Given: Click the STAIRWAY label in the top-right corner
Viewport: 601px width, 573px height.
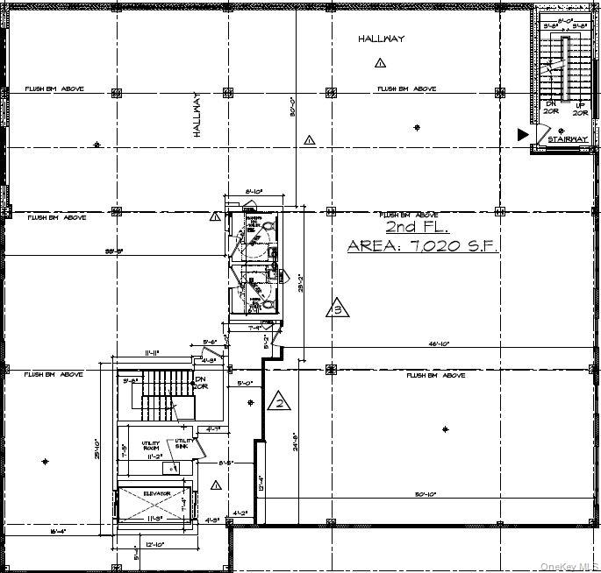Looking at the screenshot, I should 566,139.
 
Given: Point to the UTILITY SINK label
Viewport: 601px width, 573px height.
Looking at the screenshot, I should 183,443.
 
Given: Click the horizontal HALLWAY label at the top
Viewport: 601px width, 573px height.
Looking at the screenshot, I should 381,39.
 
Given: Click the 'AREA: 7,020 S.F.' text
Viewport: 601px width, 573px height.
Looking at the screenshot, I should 422,246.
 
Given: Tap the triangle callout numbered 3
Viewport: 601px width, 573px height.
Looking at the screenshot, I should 337,308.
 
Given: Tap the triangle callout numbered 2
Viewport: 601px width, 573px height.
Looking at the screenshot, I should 278,401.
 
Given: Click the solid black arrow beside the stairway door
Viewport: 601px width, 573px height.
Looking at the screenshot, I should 523,134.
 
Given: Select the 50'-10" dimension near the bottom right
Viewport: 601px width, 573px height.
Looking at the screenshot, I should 429,495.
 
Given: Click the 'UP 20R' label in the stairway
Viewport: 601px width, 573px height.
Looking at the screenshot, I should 579,108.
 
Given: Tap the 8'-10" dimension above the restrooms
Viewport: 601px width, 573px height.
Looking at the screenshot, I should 254,190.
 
